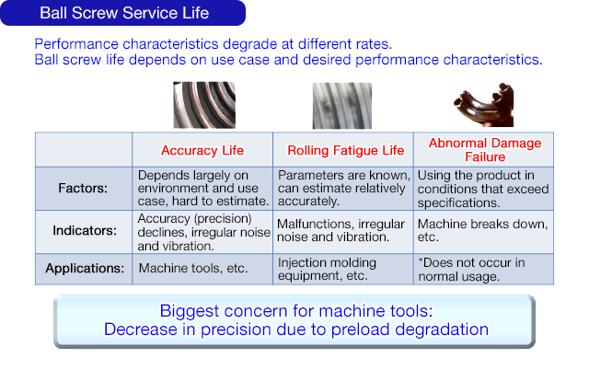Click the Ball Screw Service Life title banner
[123, 13]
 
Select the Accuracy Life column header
[202, 149]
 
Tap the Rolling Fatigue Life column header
[345, 149]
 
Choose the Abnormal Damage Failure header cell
[484, 149]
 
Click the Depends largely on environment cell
[202, 188]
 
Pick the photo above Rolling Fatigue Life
[341, 105]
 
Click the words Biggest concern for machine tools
[294, 310]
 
